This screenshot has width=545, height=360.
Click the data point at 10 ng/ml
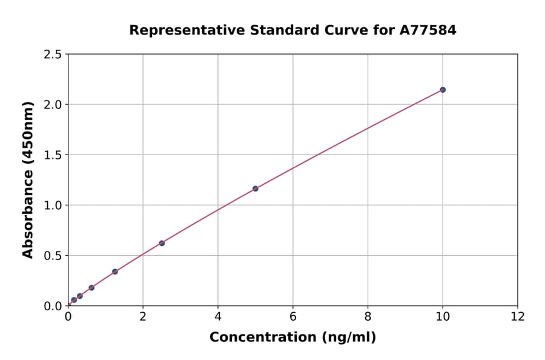click(x=443, y=90)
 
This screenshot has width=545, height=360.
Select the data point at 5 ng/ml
click(x=256, y=188)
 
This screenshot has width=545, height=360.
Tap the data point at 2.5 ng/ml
click(x=162, y=243)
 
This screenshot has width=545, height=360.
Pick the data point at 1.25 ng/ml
click(x=115, y=272)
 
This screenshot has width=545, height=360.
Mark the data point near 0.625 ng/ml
click(x=91, y=288)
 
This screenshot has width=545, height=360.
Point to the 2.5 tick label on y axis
click(x=53, y=55)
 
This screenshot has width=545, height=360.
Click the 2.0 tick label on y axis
click(x=53, y=105)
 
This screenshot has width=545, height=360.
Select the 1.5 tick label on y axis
click(x=53, y=155)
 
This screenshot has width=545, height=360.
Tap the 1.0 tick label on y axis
click(x=53, y=205)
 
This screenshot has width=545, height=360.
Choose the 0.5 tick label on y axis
click(x=53, y=256)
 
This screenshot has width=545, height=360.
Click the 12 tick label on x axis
click(x=518, y=317)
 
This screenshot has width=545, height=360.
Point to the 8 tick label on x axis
click(x=368, y=317)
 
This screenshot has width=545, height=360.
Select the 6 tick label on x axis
click(x=292, y=317)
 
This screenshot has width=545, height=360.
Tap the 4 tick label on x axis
click(x=217, y=317)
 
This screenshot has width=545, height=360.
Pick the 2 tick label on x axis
click(x=143, y=317)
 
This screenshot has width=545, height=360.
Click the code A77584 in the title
click(x=428, y=30)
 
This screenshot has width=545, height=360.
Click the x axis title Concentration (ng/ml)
click(x=292, y=338)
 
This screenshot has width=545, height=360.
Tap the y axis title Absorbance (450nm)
click(x=28, y=179)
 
